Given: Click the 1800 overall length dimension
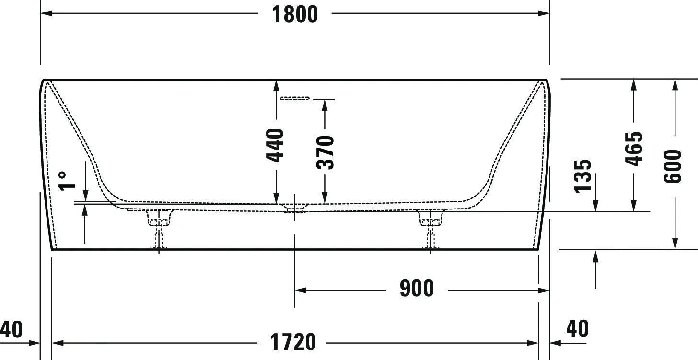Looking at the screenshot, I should tap(295, 14).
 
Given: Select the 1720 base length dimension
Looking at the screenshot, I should tap(293, 342).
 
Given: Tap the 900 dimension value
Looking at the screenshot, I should tap(417, 289).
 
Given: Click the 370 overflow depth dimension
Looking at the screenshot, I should tap(326, 152).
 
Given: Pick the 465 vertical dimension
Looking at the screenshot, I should tap(634, 149).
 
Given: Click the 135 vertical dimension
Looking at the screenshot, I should tap(583, 176).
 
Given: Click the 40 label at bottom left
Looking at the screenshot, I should tap(11, 330).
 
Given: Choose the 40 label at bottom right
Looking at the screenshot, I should tap(577, 329).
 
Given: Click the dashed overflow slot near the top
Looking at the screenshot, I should tap(295, 98).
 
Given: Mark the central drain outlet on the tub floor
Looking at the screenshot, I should tap(294, 208).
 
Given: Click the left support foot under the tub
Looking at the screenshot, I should tap(159, 225).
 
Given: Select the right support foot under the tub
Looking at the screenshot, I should tap(431, 225).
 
